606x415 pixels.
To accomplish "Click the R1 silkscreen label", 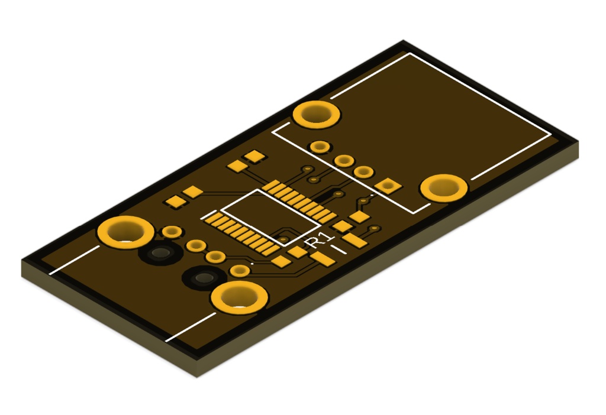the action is pyautogui.click(x=319, y=240).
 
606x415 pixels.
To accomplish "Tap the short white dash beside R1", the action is pyautogui.click(x=339, y=249).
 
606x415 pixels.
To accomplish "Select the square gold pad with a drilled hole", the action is pyautogui.click(x=388, y=186).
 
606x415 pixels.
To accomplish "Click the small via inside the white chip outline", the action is pyautogui.click(x=284, y=239).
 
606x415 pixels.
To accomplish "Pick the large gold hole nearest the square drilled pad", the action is pyautogui.click(x=444, y=188).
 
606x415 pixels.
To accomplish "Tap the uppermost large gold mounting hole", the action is pyautogui.click(x=317, y=115).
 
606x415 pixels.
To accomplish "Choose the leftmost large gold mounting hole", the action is pyautogui.click(x=126, y=232).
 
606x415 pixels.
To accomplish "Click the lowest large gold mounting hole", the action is pyautogui.click(x=240, y=297).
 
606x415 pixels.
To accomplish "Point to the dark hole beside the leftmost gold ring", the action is pyautogui.click(x=161, y=253).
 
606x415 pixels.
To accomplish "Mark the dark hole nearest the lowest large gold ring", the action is pyautogui.click(x=204, y=278).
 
